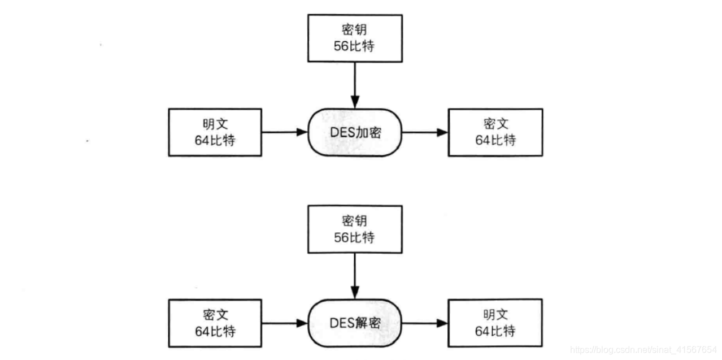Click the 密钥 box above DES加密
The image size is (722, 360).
355,37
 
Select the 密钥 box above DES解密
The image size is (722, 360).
355,229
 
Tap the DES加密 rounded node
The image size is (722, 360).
355,132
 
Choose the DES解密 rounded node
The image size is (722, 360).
355,323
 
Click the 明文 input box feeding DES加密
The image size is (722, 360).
215,132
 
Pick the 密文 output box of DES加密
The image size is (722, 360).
495,132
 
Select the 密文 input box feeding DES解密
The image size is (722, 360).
215,323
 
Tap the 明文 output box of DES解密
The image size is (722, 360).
495,323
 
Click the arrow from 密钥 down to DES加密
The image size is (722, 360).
355,85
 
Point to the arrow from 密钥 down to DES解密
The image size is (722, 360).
355,276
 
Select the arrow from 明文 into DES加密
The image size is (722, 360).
284,132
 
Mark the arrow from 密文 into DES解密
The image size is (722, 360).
284,323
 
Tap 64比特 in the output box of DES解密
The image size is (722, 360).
495,331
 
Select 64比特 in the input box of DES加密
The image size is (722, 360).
215,140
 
